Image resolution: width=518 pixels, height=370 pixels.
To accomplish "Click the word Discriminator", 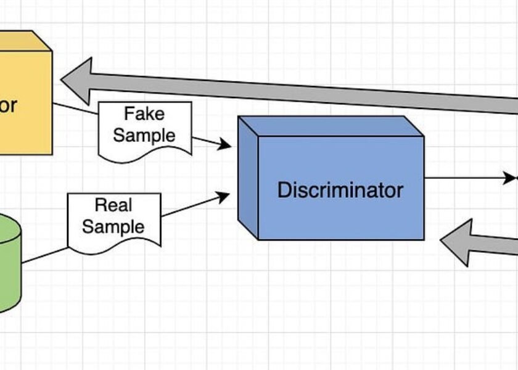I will tap(340, 189).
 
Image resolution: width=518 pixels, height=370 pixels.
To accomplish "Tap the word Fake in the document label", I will tap(144, 114).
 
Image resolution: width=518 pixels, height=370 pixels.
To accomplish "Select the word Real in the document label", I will tap(114, 205).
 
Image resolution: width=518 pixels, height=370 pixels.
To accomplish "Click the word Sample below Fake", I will tap(144, 135).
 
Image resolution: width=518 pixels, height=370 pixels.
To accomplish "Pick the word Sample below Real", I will tap(113, 226).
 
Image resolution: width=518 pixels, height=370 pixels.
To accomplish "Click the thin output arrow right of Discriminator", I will tap(469, 179).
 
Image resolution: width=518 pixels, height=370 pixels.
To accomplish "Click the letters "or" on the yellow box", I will tap(7, 105).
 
